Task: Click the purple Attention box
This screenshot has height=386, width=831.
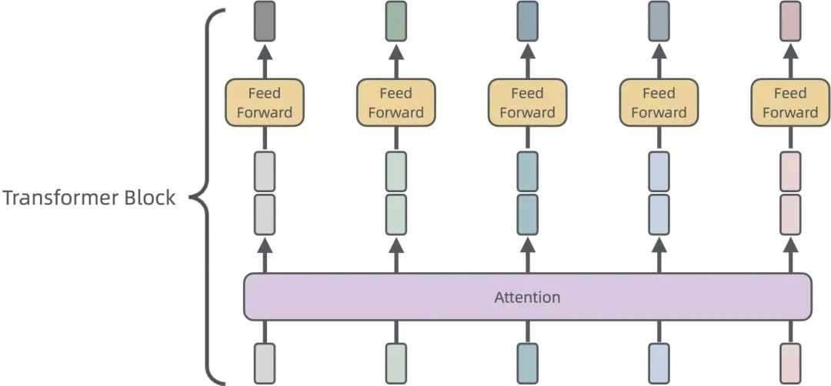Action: tap(528, 297)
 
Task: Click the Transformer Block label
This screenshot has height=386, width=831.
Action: tap(89, 198)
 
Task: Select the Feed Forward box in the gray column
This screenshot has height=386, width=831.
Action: tap(265, 103)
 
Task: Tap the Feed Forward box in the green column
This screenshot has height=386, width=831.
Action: tap(396, 103)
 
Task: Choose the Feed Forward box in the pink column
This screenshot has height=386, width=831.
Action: tap(790, 103)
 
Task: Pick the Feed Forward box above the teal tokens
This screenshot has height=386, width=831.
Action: tap(528, 103)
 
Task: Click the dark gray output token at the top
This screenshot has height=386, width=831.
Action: tap(265, 21)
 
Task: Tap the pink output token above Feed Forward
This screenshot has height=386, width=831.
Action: tap(790, 21)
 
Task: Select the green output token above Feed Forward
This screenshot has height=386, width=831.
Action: tap(396, 21)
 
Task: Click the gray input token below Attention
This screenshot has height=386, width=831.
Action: tap(265, 363)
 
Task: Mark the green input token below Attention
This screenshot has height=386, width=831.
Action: tap(396, 363)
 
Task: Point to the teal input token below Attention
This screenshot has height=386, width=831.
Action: tap(528, 363)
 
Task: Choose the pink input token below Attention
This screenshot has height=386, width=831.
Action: tap(790, 363)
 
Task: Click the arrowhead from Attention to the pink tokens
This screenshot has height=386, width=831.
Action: tap(790, 246)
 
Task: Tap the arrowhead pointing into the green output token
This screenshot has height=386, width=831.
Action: tap(396, 52)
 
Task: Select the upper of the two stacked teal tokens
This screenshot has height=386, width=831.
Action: tap(528, 171)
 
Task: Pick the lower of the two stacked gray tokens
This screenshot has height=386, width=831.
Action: tap(265, 215)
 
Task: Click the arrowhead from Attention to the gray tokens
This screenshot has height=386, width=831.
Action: tap(265, 246)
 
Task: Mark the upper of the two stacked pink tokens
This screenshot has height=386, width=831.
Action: tap(790, 171)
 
